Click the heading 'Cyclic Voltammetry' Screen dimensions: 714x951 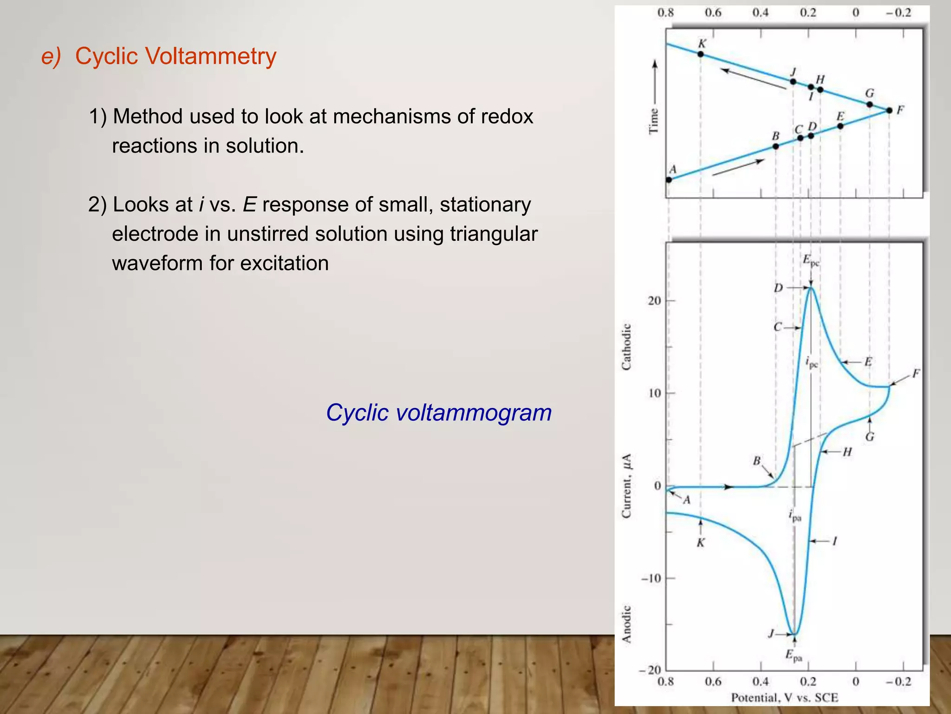click(x=176, y=56)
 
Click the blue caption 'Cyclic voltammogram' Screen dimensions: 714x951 click(x=438, y=412)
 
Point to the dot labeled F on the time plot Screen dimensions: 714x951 click(x=889, y=111)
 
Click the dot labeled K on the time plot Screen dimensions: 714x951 click(x=701, y=54)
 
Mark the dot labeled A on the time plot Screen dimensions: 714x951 click(x=669, y=179)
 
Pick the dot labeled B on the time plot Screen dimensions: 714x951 click(x=775, y=146)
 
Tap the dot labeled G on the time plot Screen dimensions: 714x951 click(x=870, y=105)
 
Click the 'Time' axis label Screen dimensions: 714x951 click(x=653, y=121)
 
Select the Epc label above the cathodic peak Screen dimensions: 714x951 click(x=811, y=260)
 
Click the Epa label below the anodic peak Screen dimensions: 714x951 click(x=794, y=655)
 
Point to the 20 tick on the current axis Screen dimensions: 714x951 click(x=654, y=301)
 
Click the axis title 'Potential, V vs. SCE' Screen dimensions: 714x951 click(x=784, y=697)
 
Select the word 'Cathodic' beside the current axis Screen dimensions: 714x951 click(x=626, y=347)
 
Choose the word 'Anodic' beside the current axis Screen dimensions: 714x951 click(x=626, y=624)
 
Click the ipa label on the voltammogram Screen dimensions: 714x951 click(x=795, y=516)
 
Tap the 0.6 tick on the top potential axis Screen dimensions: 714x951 click(x=713, y=13)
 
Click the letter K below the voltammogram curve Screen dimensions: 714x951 click(x=701, y=542)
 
